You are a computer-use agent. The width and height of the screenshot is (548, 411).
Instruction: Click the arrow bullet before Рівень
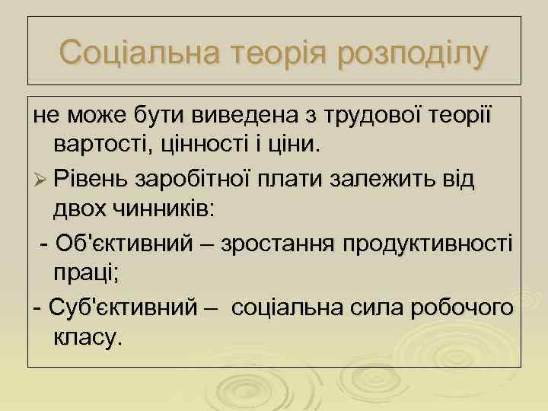click(x=40, y=180)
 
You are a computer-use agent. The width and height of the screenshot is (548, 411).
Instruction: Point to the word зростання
click(x=280, y=244)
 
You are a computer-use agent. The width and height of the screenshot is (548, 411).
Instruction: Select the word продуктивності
click(x=429, y=244)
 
